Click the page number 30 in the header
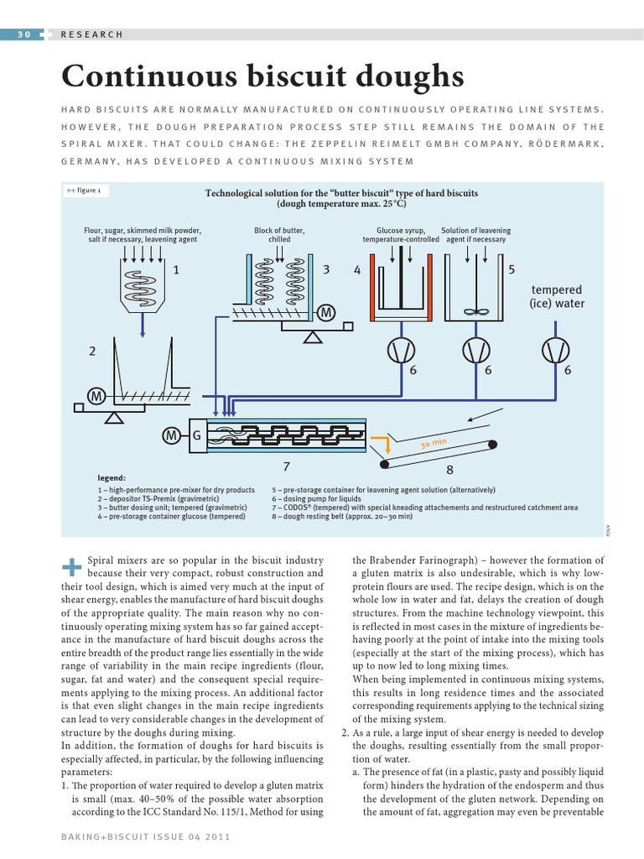pyautogui.click(x=23, y=34)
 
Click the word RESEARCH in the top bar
pyautogui.click(x=92, y=34)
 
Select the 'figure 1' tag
pyautogui.click(x=85, y=190)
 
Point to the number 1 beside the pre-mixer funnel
pyautogui.click(x=176, y=270)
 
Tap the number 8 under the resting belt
pyautogui.click(x=449, y=471)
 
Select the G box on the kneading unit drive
pyautogui.click(x=196, y=435)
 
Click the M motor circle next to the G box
pyautogui.click(x=172, y=435)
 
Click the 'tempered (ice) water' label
pyautogui.click(x=557, y=297)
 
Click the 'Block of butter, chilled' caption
pyautogui.click(x=279, y=235)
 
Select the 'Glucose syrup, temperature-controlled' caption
pyautogui.click(x=401, y=235)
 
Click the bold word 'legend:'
pyautogui.click(x=112, y=476)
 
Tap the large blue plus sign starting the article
pyautogui.click(x=72, y=566)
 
